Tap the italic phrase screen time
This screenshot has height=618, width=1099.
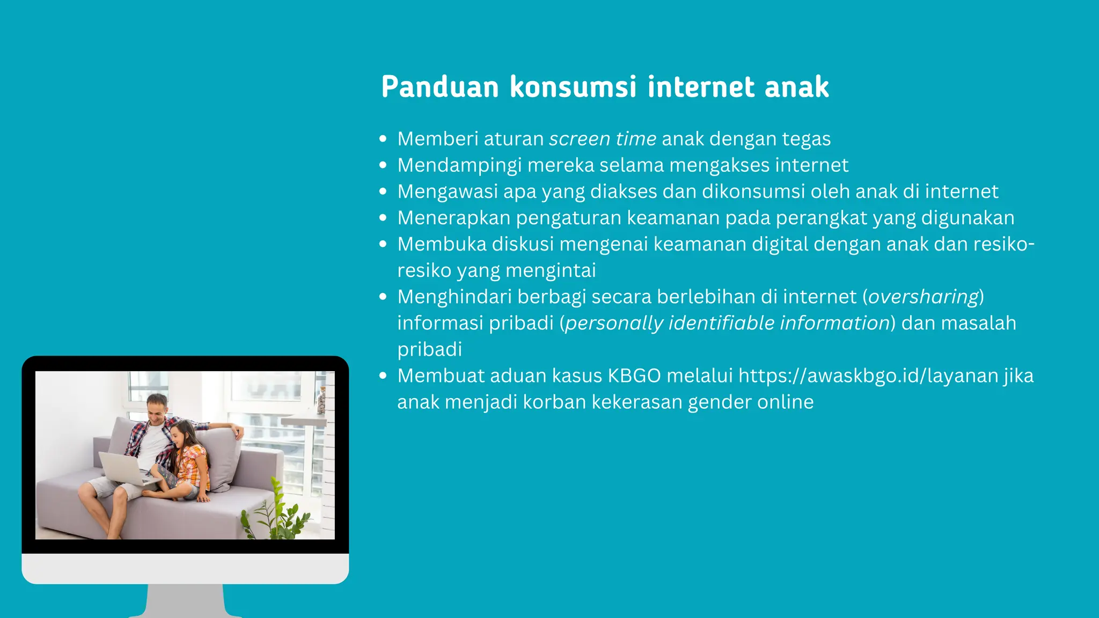(603, 139)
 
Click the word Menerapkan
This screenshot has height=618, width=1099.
(454, 218)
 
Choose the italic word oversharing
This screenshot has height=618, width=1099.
(924, 297)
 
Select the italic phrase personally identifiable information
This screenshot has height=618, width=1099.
(728, 323)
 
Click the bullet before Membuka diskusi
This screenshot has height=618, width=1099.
(383, 244)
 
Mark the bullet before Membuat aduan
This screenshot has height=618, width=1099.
(383, 376)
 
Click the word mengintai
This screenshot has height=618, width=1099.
(551, 270)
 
